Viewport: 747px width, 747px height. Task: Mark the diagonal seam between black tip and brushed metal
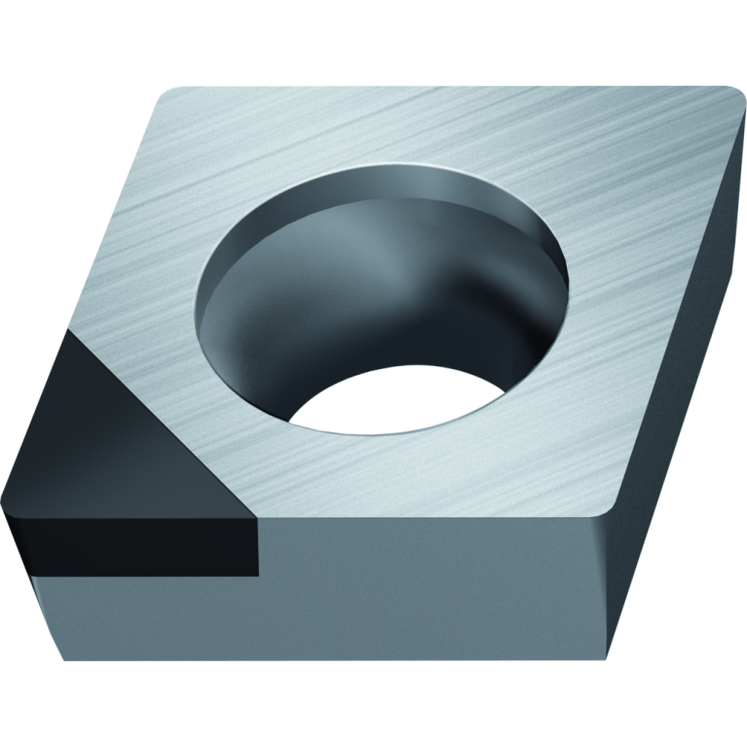(166, 419)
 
